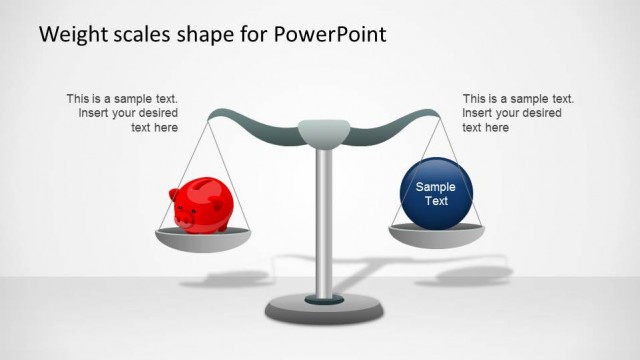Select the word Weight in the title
coord(70,35)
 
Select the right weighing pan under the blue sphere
coord(436,235)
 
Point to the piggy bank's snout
coord(181,213)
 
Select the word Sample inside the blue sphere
coord(435,187)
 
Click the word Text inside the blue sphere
coord(435,201)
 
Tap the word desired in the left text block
coord(157,113)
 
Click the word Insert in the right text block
coord(478,113)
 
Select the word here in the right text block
coord(497,127)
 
